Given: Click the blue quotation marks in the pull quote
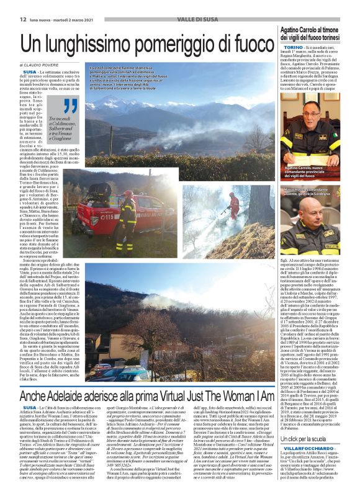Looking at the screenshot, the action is tap(71, 106).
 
